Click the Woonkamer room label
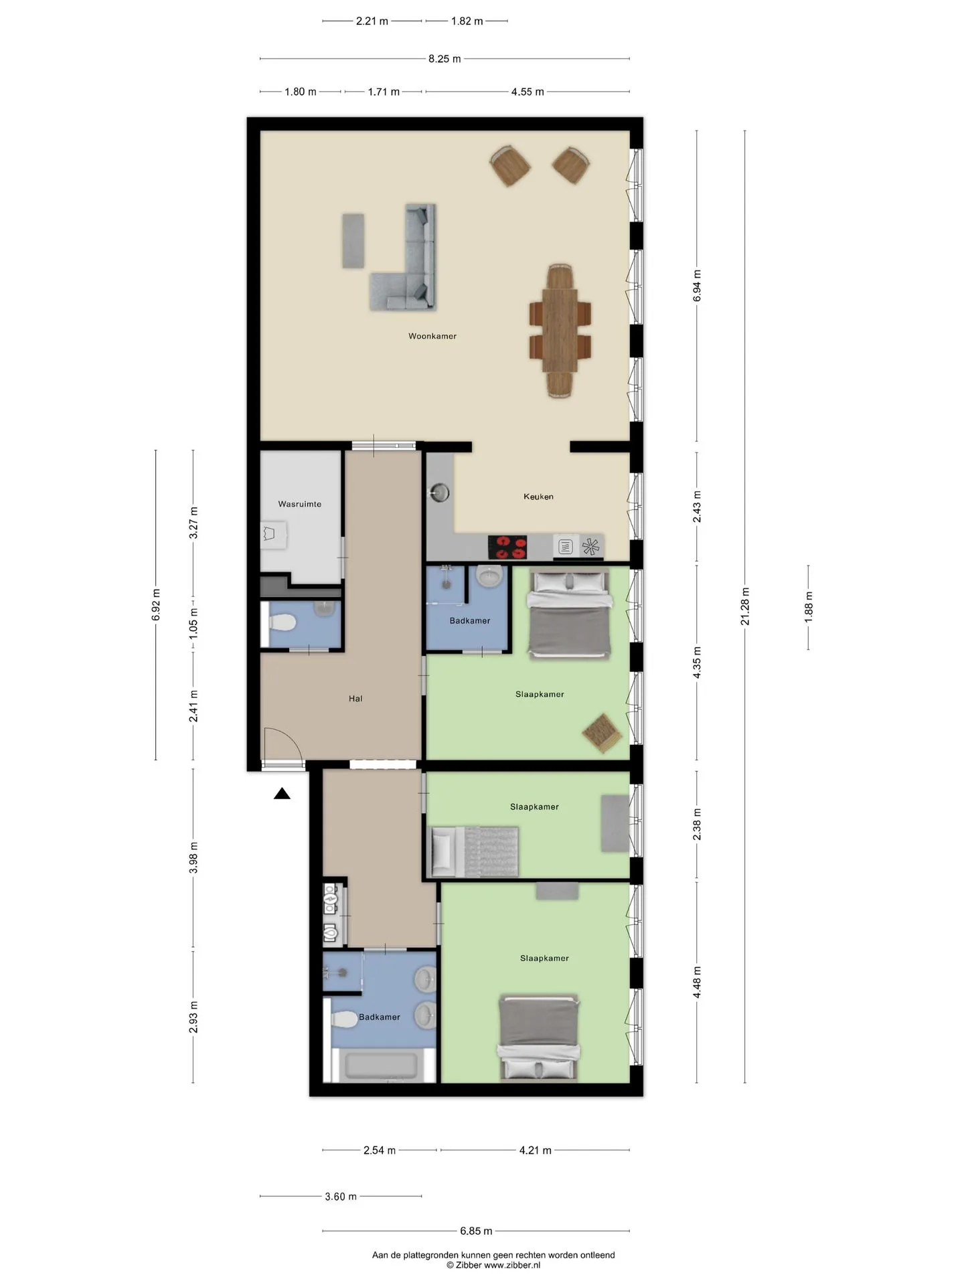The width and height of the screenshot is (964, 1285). [x=432, y=336]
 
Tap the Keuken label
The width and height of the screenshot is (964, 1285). [x=538, y=497]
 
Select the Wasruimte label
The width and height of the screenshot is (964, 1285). [x=300, y=504]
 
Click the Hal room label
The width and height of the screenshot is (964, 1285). [x=355, y=699]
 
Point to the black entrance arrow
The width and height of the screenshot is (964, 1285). [x=282, y=794]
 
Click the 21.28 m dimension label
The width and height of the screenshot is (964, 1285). [x=745, y=606]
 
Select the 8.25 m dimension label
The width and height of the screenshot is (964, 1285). [x=445, y=59]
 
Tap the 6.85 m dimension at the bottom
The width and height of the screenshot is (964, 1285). [x=476, y=1231]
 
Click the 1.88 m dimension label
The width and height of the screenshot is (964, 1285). [x=809, y=606]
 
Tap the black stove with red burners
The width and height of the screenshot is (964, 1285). [x=507, y=546]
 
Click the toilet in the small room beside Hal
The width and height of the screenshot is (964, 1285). [x=282, y=623]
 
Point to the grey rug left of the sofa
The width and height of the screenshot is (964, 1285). [x=353, y=241]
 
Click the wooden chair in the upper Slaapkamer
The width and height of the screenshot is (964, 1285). [x=602, y=733]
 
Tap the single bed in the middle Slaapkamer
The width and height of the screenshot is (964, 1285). [x=475, y=851]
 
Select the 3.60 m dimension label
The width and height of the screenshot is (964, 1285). [x=341, y=1197]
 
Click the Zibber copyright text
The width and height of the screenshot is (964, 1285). [x=494, y=1265]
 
